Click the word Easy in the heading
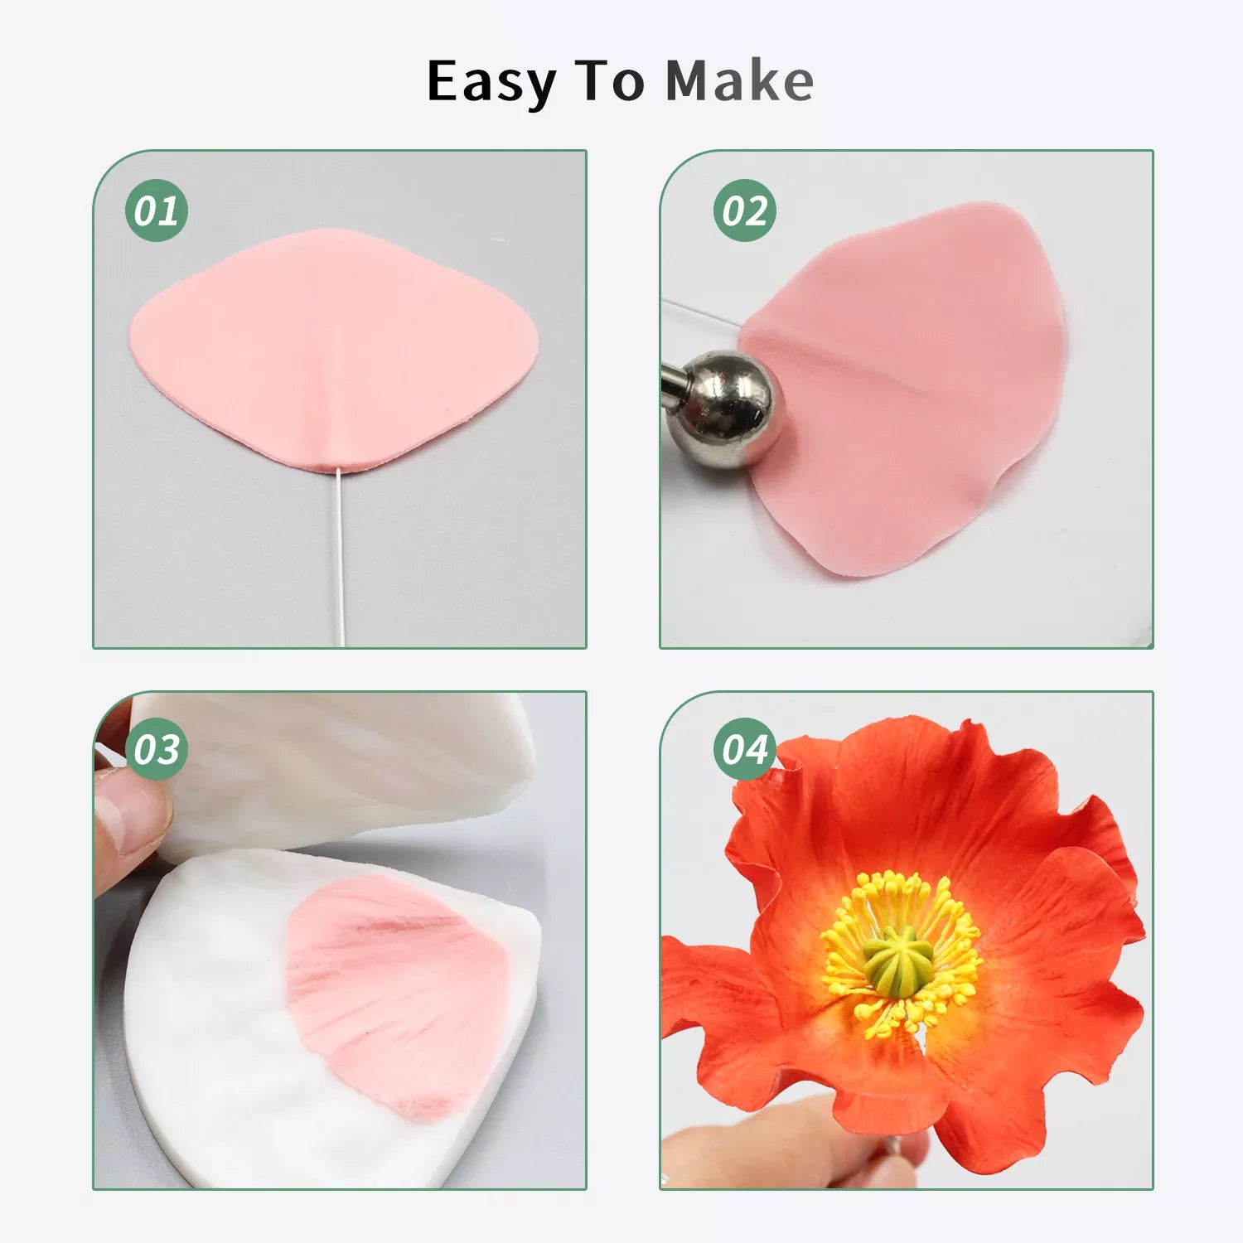491,83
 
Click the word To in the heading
609,81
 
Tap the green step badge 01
157,210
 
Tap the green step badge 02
745,210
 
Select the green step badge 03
157,750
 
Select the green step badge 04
745,750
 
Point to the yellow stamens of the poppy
901,953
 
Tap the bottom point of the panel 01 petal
338,471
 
